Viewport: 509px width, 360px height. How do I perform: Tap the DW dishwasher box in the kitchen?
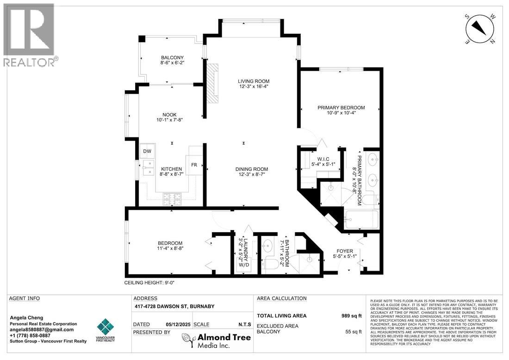tap(147, 151)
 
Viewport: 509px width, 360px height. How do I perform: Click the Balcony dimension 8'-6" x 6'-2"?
tap(172, 64)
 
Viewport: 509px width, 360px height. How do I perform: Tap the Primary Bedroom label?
tap(341, 107)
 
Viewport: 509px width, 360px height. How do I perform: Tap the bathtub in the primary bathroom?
tap(361, 220)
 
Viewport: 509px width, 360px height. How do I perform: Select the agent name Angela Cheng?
tap(27, 317)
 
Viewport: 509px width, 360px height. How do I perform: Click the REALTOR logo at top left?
tap(29, 35)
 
